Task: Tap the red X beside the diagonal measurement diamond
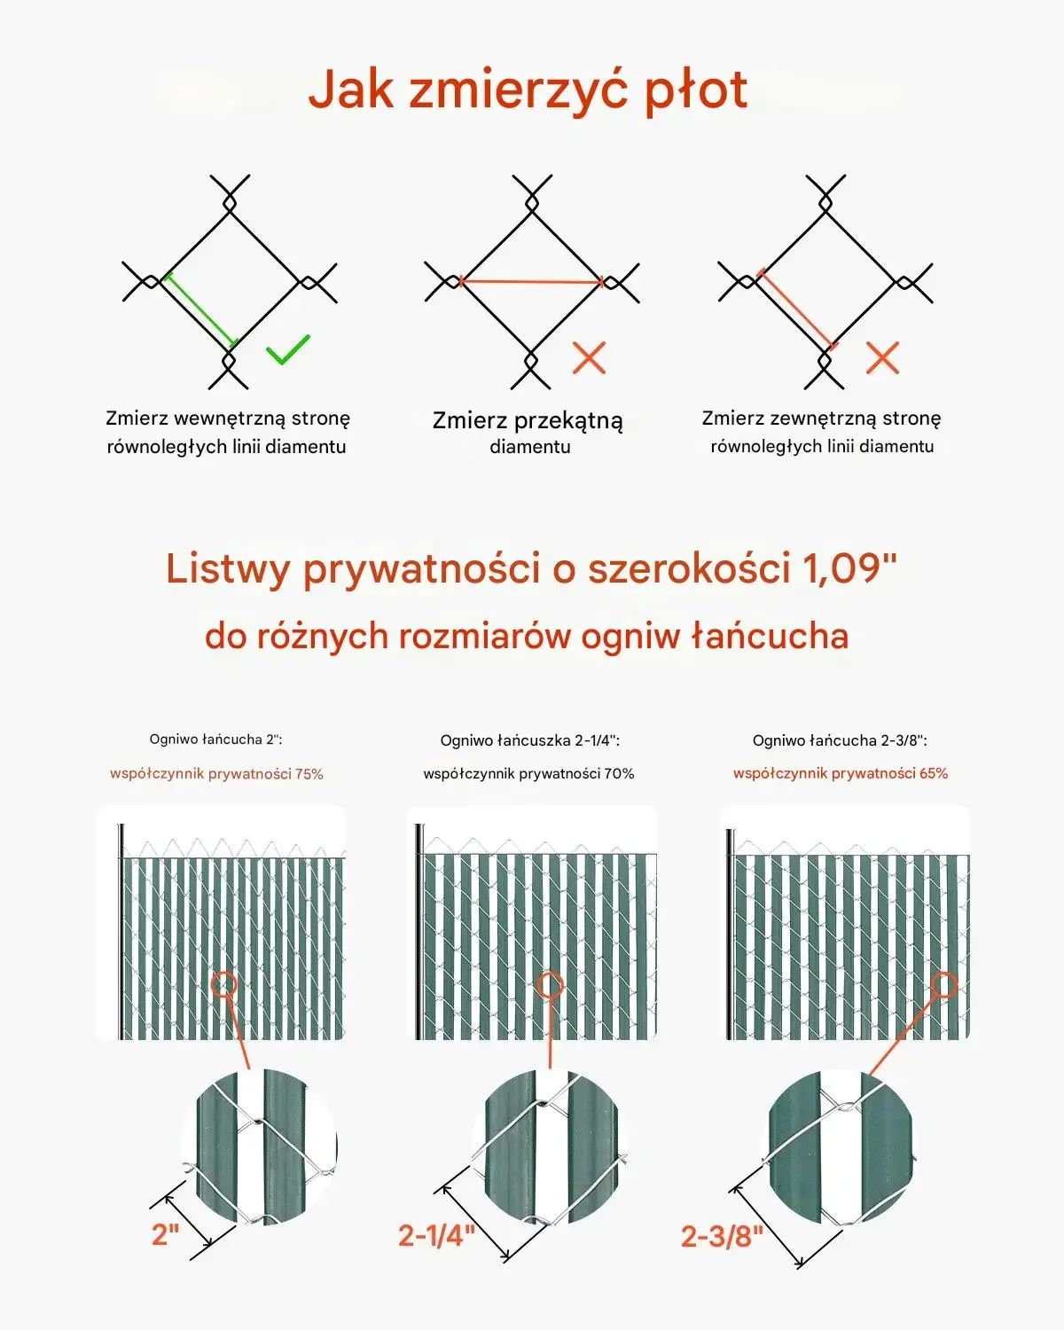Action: tap(589, 358)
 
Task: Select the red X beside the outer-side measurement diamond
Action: tap(882, 358)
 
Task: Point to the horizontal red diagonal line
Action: tap(532, 282)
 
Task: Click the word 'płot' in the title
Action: tap(697, 90)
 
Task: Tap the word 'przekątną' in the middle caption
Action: tap(568, 421)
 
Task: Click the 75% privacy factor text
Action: tap(216, 774)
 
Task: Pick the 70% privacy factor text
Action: tap(528, 774)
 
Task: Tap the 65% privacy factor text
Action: tap(841, 774)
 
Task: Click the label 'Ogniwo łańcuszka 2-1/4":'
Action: tap(530, 740)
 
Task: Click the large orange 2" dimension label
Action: tap(165, 1234)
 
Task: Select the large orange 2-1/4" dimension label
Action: tap(436, 1235)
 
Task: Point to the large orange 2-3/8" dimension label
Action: tap(722, 1237)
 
